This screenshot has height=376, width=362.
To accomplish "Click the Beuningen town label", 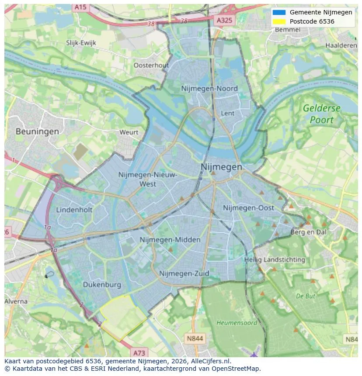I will [37, 131].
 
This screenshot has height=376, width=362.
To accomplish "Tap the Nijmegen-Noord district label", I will [209, 89].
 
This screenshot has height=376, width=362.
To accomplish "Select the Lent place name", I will [228, 113].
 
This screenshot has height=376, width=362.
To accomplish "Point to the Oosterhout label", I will [151, 65].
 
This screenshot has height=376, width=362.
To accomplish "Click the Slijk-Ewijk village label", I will [81, 43].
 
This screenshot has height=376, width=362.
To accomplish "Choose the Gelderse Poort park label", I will [321, 114].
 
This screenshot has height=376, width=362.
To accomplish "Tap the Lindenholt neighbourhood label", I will [74, 210].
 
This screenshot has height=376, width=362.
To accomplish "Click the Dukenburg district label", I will [102, 285].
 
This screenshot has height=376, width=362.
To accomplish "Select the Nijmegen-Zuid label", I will [184, 273].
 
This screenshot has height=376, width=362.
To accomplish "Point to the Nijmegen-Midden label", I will [170, 240].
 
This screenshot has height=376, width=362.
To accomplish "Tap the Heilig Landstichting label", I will [275, 260].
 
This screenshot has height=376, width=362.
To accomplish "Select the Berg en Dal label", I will [308, 232].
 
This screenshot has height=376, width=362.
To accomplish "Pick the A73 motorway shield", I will [139, 352].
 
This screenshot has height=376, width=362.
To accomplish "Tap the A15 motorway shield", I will [80, 7].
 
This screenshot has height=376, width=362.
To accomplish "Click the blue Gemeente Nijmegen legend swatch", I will [278, 12].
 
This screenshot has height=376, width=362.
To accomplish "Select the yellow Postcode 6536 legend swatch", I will [278, 21].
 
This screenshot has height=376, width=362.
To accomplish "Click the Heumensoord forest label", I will [231, 323].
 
